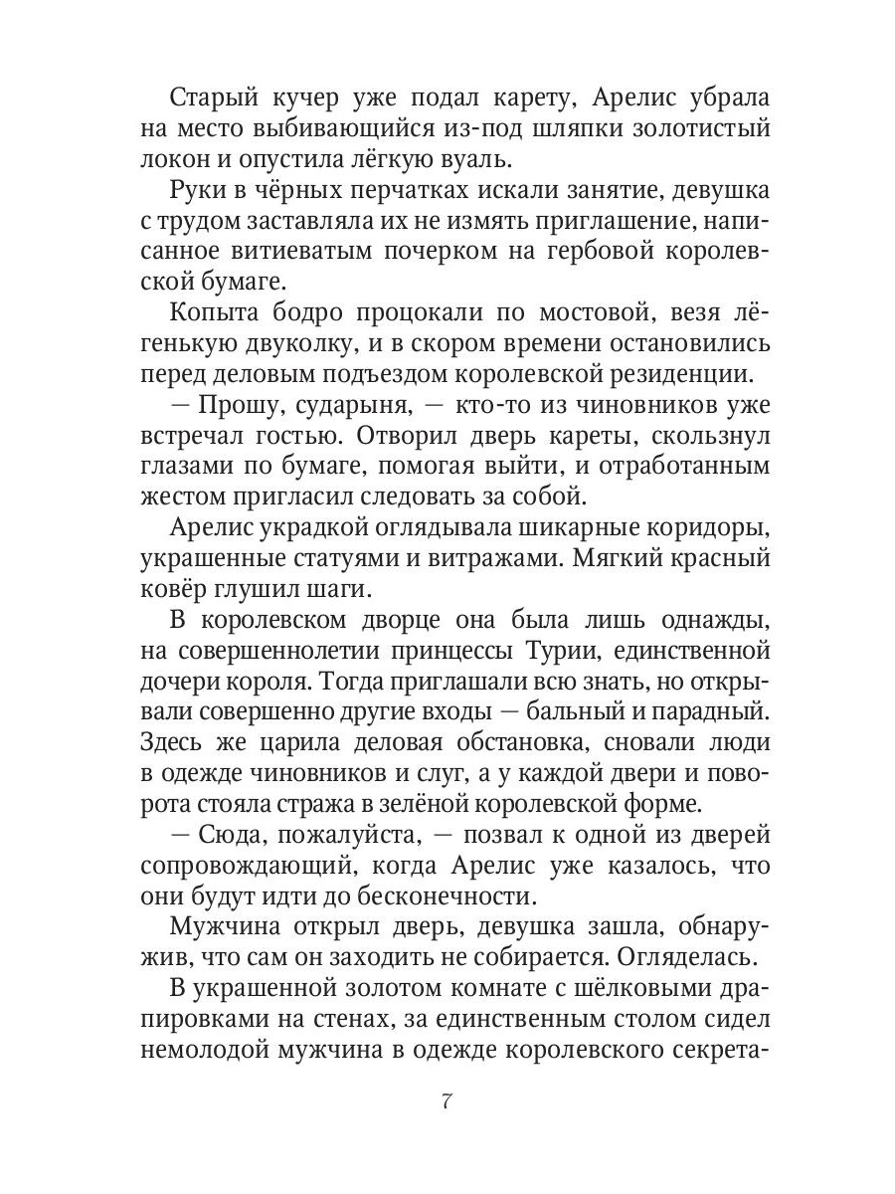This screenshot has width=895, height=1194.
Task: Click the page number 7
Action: click(447, 1102)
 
